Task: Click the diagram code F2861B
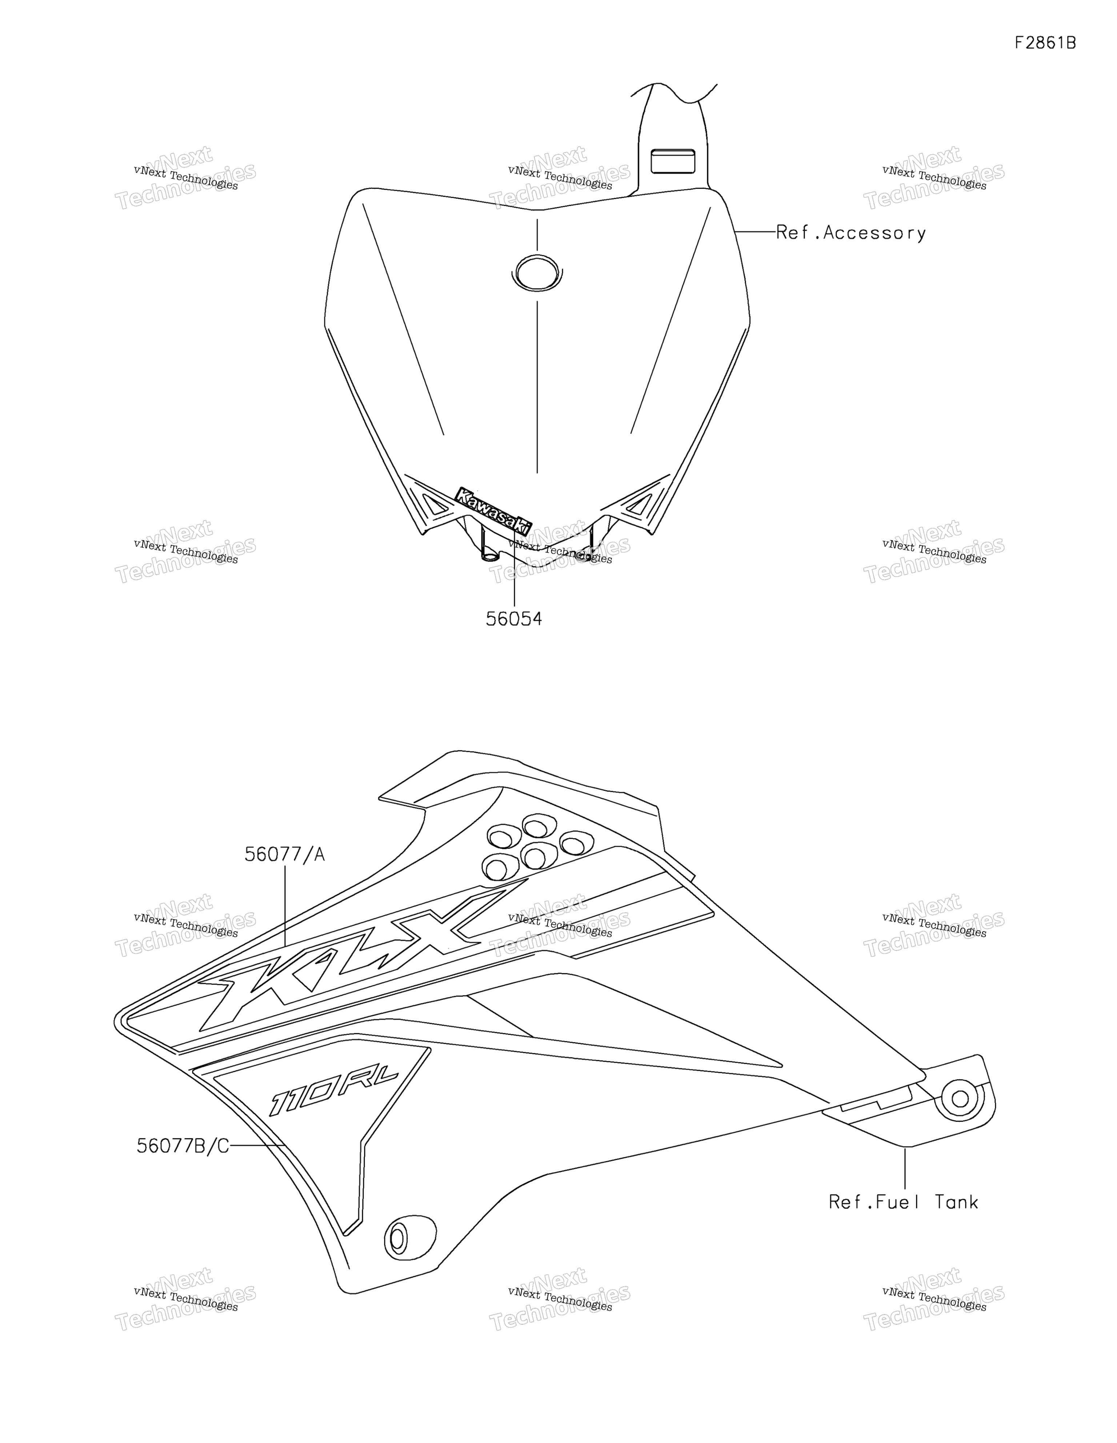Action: [1045, 43]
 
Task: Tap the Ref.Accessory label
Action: [850, 233]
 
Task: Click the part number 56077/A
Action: [285, 855]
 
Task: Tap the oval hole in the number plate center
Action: [537, 272]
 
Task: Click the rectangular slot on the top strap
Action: [673, 161]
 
